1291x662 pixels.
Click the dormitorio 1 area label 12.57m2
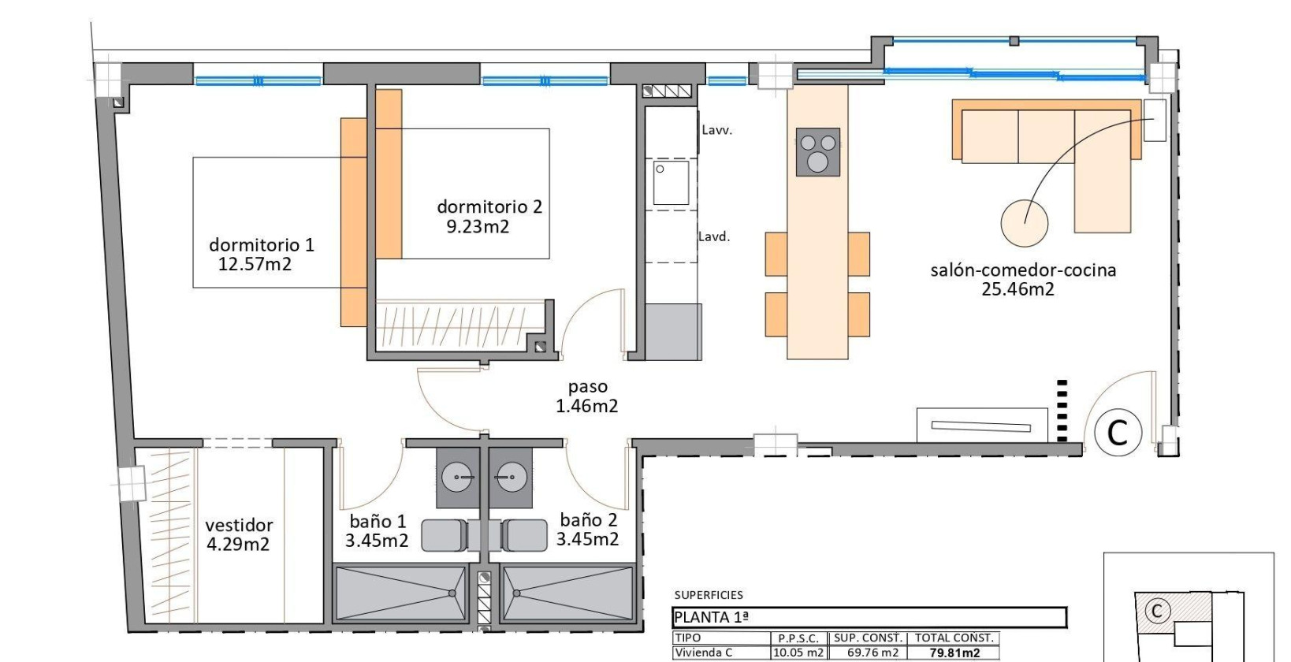(x=255, y=264)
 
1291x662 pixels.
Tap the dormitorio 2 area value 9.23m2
(x=478, y=227)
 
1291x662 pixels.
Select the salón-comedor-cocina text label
(x=1023, y=270)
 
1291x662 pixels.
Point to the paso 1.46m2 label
(x=587, y=396)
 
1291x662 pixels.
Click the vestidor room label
(x=239, y=525)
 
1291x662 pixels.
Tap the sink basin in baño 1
(x=457, y=478)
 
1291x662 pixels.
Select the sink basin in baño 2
(x=512, y=478)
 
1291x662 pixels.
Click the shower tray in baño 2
(x=567, y=593)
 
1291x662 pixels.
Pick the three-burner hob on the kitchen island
(x=817, y=151)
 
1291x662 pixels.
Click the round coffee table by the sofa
(x=1024, y=222)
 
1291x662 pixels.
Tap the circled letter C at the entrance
(x=1118, y=432)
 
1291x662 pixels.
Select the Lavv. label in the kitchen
(x=716, y=131)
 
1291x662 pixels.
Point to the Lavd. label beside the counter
(x=714, y=236)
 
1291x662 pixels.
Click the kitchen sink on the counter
(x=671, y=183)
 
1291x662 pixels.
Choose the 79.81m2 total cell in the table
(x=954, y=653)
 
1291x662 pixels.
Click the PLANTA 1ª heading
(x=711, y=618)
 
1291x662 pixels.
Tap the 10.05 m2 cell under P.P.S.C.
(x=798, y=653)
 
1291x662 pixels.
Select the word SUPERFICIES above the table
(x=709, y=595)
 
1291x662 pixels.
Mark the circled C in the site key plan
(x=1157, y=611)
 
